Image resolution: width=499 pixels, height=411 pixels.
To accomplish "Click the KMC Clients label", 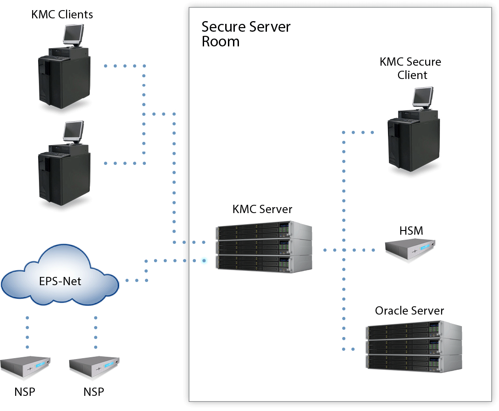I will (62, 14).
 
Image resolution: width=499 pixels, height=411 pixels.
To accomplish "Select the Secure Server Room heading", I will (246, 34).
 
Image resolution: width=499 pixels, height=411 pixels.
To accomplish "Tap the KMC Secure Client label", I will (410, 68).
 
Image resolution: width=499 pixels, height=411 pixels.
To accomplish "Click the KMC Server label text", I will (262, 209).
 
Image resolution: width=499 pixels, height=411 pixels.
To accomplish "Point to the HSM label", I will (411, 231).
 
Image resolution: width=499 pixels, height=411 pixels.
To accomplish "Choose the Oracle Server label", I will (410, 311).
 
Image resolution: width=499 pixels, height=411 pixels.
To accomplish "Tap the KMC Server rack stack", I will (264, 248).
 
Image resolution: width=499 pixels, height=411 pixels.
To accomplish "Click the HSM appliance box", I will (410, 248).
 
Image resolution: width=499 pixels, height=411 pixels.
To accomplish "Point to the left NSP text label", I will (25, 392).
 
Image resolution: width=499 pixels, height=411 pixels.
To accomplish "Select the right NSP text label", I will (94, 392).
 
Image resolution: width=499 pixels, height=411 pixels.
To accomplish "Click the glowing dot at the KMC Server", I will (204, 261).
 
